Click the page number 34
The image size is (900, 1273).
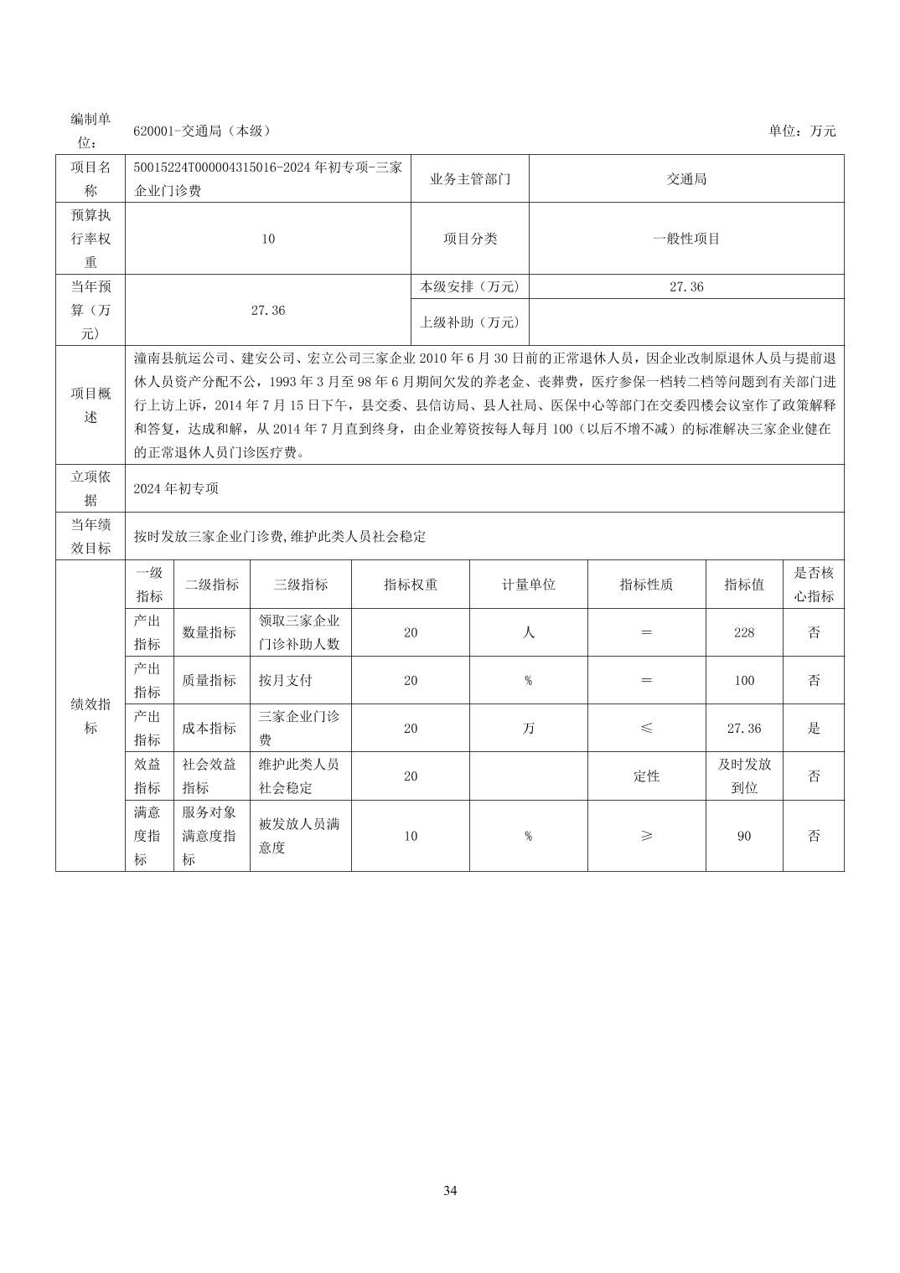click(x=450, y=1190)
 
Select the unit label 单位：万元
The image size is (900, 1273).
click(x=802, y=131)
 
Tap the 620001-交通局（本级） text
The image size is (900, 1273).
click(x=202, y=131)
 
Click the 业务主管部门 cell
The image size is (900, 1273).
click(x=469, y=179)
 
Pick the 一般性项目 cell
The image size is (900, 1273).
click(x=686, y=239)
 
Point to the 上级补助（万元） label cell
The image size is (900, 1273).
click(x=469, y=322)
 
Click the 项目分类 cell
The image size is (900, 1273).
click(x=469, y=239)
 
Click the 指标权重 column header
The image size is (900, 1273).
click(x=411, y=585)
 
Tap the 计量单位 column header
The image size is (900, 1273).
click(x=528, y=585)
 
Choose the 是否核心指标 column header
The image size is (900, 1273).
click(x=813, y=585)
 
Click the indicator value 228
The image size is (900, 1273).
click(x=743, y=632)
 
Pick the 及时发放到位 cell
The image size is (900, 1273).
click(x=743, y=776)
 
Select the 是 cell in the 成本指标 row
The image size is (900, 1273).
click(x=813, y=729)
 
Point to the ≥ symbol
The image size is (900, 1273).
click(x=646, y=836)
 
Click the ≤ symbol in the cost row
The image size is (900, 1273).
click(x=646, y=729)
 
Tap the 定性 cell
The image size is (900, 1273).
click(x=646, y=776)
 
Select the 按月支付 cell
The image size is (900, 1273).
click(x=285, y=680)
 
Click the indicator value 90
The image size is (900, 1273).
click(x=743, y=836)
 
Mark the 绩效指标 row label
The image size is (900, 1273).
click(x=91, y=716)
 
